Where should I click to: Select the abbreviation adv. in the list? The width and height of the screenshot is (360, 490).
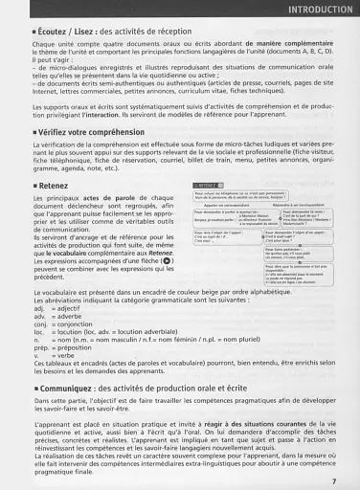coord(40,290)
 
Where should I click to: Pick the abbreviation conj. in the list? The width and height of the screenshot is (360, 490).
coord(41,298)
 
